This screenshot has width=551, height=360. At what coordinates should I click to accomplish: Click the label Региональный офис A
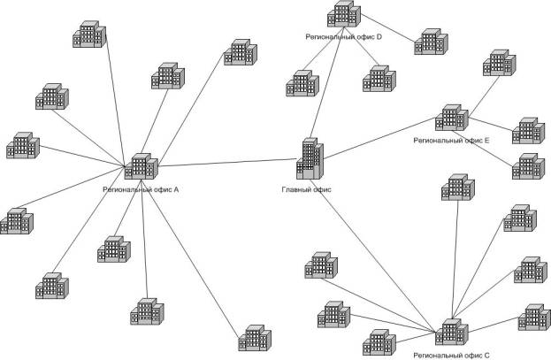142,188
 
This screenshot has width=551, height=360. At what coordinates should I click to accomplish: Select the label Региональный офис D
343,37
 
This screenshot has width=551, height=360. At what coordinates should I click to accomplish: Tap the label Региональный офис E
451,140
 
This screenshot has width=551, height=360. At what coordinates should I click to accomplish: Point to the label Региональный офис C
451,354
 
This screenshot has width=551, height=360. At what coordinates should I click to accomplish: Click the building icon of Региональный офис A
142,165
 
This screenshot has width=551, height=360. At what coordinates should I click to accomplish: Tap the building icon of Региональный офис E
451,119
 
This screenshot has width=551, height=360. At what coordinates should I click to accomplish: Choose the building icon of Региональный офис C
450,332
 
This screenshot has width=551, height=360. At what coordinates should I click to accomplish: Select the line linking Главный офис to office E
380,139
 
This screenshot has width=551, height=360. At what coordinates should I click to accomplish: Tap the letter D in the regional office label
379,37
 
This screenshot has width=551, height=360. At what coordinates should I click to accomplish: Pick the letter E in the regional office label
486,140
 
